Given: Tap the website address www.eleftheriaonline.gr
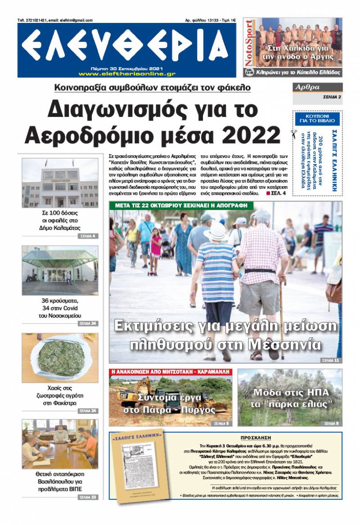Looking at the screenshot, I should (126, 73).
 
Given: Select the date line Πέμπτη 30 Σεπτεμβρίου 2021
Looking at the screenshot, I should (126, 67).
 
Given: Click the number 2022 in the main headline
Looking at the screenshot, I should (248, 134).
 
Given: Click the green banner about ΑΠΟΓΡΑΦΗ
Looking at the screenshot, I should (181, 206).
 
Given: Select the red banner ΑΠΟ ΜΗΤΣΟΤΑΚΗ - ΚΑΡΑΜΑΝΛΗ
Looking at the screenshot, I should (171, 372).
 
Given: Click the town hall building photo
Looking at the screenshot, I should (60, 183).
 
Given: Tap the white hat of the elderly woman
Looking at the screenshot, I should (216, 232).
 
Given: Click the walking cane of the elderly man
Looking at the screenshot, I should (281, 324).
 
